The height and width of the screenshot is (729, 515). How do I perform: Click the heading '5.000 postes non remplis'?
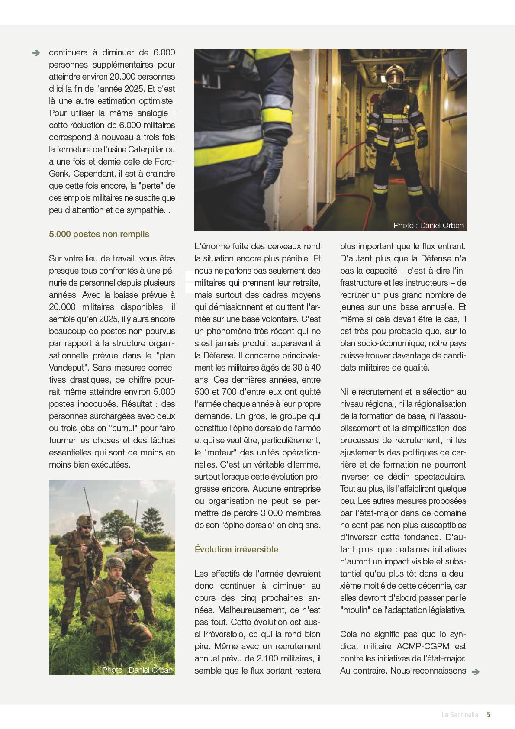[99, 234]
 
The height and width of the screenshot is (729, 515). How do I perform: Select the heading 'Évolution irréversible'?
[236, 549]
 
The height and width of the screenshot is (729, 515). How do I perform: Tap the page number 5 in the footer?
[489, 715]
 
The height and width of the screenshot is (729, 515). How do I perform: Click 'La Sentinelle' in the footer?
[460, 715]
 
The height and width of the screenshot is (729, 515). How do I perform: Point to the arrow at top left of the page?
[36, 53]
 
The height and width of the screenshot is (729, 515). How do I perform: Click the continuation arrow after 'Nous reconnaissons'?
[476, 672]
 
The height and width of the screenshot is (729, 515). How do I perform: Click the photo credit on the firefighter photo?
[428, 225]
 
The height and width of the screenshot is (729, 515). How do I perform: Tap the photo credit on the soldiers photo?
[137, 670]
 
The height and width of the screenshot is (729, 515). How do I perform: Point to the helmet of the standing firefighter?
[394, 71]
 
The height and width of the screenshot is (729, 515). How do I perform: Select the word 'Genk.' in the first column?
[59, 174]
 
